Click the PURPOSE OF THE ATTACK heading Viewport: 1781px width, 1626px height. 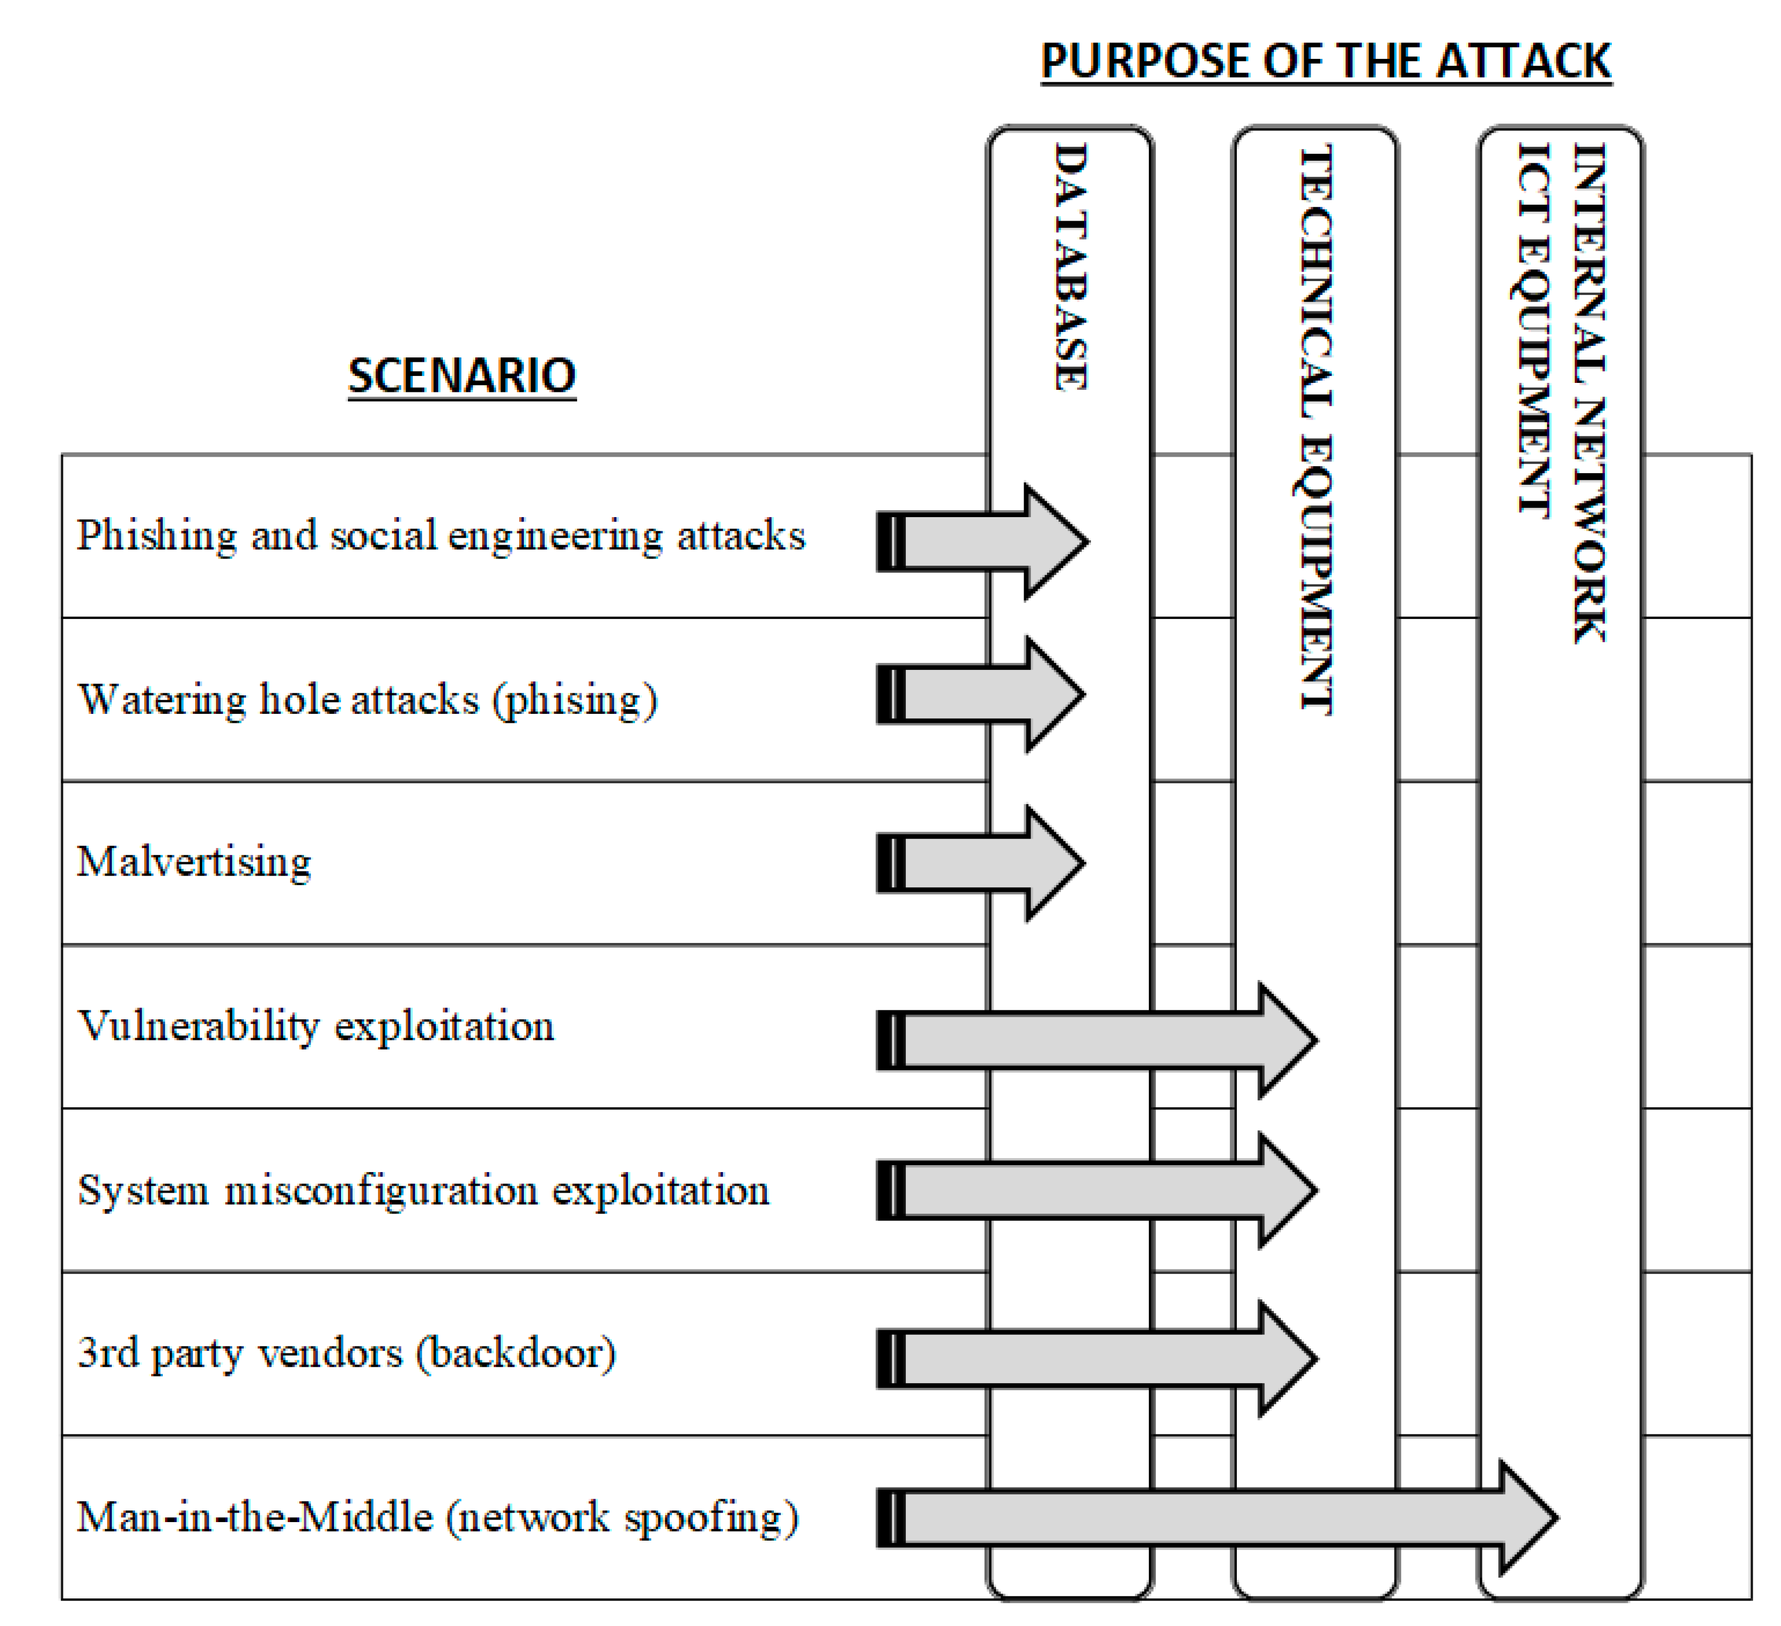pyautogui.click(x=1326, y=62)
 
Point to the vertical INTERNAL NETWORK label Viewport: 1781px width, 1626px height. pyautogui.click(x=1590, y=393)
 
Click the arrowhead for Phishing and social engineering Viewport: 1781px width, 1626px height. pyautogui.click(x=1055, y=541)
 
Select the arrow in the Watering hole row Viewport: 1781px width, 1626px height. pyautogui.click(x=981, y=695)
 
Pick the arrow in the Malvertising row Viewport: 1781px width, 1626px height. pyautogui.click(x=981, y=863)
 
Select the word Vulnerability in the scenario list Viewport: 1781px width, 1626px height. pyautogui.click(x=199, y=1026)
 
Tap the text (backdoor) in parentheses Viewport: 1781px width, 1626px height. pyautogui.click(x=516, y=1353)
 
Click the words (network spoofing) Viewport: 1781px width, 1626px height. pyautogui.click(x=623, y=1517)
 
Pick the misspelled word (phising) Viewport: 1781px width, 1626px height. pyautogui.click(x=575, y=700)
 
